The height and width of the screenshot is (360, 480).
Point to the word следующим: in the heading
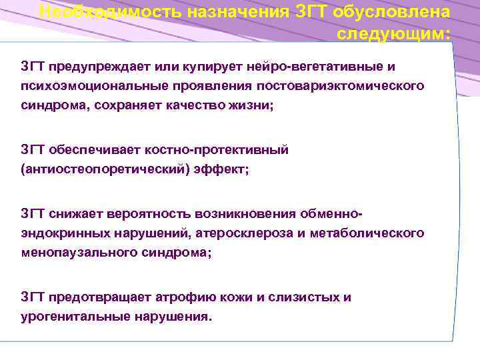click(x=393, y=33)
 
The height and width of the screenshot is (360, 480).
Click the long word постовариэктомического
click(x=345, y=86)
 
